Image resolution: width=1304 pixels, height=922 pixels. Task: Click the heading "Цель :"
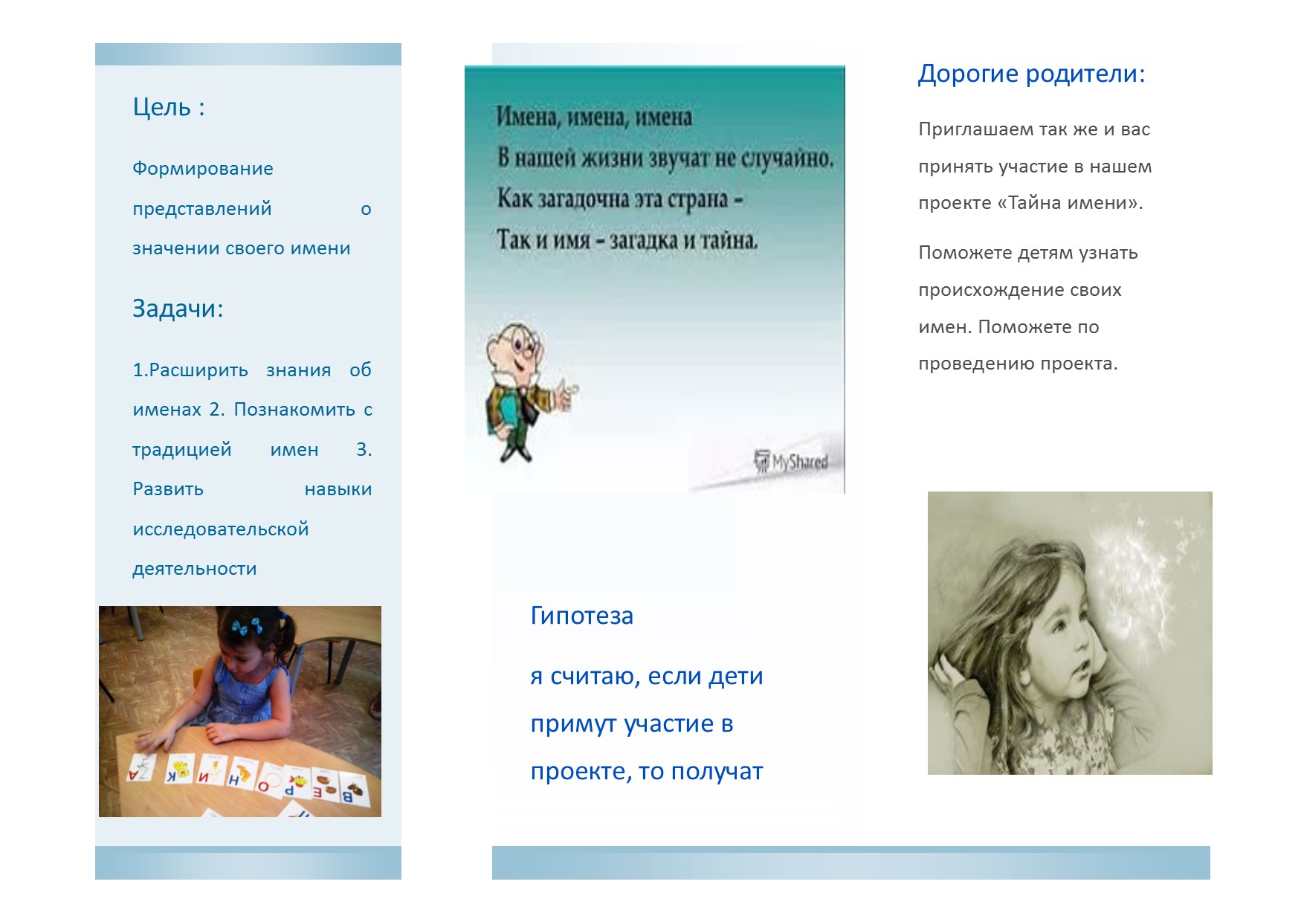[169, 107]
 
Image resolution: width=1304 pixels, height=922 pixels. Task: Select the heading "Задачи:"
[178, 308]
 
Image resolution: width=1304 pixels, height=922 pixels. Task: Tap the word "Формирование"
[202, 169]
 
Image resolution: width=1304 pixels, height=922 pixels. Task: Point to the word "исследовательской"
[220, 529]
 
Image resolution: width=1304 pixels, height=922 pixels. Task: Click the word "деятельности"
[194, 569]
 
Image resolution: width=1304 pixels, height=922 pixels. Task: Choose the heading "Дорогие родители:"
[1031, 74]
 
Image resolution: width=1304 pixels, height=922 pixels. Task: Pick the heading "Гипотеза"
[581, 616]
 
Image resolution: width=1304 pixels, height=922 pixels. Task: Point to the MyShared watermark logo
[791, 462]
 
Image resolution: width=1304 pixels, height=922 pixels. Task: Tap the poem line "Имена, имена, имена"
[594, 117]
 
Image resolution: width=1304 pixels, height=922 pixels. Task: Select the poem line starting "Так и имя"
[627, 239]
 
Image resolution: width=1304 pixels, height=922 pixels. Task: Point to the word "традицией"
[182, 450]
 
